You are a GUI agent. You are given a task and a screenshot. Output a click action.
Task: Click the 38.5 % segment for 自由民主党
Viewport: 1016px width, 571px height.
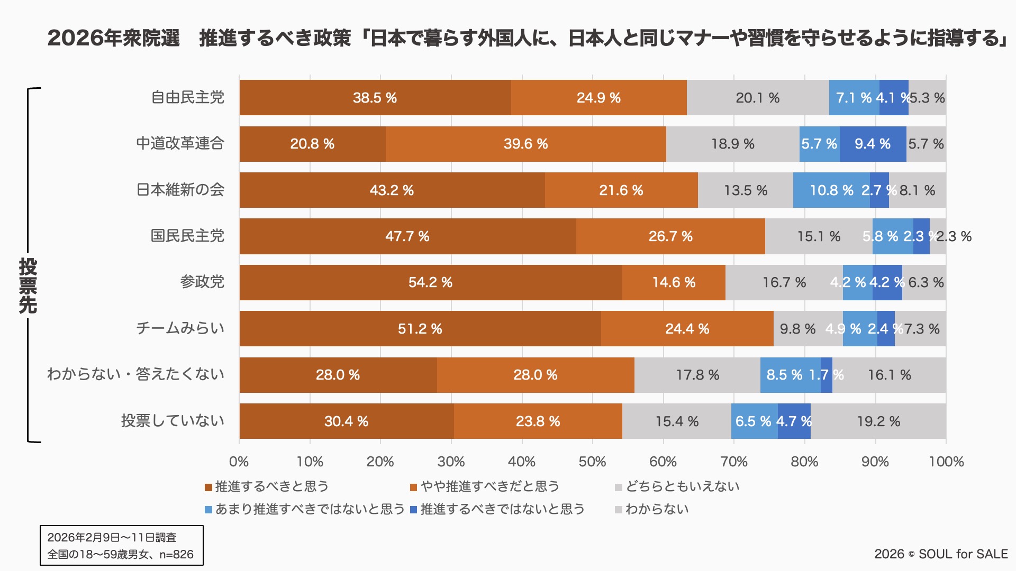click(x=375, y=98)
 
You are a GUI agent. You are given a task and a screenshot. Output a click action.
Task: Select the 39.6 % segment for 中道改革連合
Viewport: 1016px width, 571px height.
click(x=525, y=144)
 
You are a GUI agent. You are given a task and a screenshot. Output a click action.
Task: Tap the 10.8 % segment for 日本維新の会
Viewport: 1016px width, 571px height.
click(x=831, y=190)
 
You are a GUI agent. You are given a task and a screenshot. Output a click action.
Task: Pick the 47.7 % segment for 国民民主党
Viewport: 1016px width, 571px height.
click(x=407, y=236)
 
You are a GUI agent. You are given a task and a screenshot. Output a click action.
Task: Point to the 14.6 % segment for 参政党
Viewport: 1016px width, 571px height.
click(x=674, y=282)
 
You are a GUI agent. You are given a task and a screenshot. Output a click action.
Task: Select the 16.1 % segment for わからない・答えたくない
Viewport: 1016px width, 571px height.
click(x=889, y=375)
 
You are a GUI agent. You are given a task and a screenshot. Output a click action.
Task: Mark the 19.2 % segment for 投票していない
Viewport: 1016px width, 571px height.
click(x=878, y=421)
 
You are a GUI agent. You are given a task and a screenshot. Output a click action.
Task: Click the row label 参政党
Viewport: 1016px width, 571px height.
click(x=202, y=282)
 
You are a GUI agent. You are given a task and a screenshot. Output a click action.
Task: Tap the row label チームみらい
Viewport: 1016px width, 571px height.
click(x=180, y=328)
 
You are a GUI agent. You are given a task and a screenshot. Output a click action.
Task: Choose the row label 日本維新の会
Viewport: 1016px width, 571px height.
click(x=180, y=190)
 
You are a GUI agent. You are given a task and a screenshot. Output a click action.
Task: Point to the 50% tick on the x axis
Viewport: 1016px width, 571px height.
click(x=592, y=462)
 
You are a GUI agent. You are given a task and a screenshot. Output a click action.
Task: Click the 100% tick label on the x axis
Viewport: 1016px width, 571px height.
click(x=946, y=462)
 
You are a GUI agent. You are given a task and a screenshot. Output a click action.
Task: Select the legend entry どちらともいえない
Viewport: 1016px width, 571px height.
click(x=682, y=486)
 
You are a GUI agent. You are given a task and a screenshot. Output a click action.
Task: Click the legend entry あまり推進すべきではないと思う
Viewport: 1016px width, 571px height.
click(x=310, y=509)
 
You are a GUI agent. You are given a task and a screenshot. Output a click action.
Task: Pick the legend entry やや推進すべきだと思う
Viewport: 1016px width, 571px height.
click(x=489, y=486)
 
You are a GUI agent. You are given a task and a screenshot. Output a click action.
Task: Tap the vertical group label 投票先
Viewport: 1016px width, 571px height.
click(x=28, y=285)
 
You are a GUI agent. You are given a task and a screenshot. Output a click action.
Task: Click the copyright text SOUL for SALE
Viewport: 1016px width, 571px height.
click(x=963, y=554)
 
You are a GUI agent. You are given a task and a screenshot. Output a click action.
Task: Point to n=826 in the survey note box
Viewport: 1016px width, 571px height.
click(x=176, y=555)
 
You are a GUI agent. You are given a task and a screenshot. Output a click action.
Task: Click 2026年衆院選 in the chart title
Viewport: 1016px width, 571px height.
click(x=114, y=38)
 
